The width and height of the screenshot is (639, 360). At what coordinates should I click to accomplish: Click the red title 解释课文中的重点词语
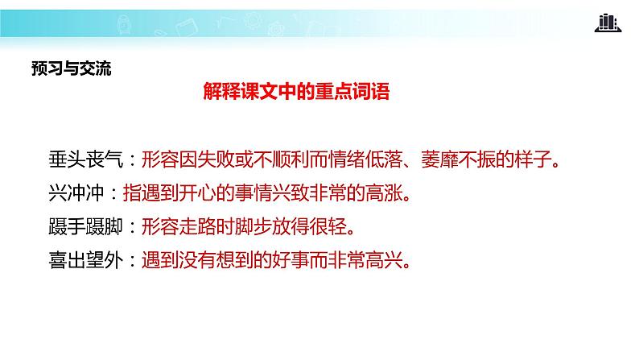(x=296, y=93)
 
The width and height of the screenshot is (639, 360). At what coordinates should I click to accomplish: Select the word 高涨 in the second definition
(x=394, y=193)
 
